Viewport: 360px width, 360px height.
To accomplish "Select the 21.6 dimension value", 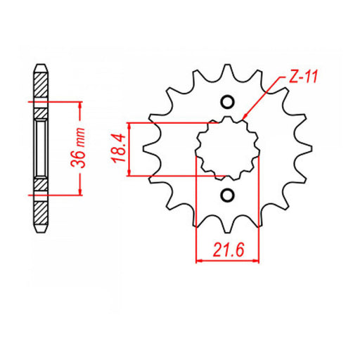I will [227, 250].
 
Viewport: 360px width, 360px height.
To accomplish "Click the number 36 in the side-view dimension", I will [82, 157].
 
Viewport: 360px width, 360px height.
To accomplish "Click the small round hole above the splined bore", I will [227, 103].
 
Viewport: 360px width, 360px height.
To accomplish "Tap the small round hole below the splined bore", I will [227, 195].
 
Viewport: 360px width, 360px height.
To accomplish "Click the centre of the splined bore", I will [227, 148].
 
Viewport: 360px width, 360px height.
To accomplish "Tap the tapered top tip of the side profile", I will [41, 67].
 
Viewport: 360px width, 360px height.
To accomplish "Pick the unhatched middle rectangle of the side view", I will [41, 148].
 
